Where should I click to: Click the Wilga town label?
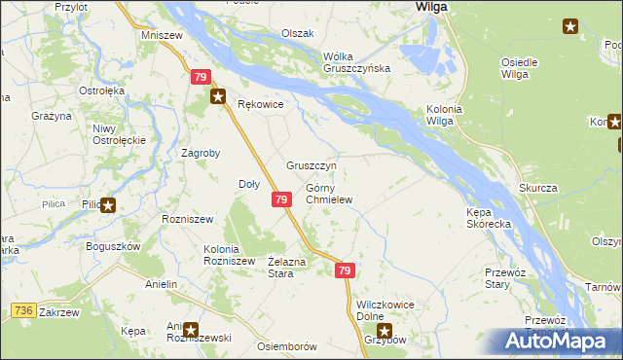tap(430, 6)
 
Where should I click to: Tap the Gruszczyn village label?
tap(311, 165)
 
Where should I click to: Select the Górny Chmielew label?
tap(328, 194)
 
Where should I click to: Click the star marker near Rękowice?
tap(219, 96)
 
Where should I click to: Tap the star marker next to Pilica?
tap(108, 205)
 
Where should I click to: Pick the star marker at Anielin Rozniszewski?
tap(191, 330)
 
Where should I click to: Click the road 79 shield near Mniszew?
tap(201, 77)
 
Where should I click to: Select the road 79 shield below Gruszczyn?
tap(280, 199)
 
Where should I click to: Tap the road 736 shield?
tap(24, 309)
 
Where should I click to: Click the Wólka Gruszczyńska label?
tap(356, 61)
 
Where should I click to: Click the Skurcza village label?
tap(537, 187)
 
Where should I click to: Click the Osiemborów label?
tap(287, 346)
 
